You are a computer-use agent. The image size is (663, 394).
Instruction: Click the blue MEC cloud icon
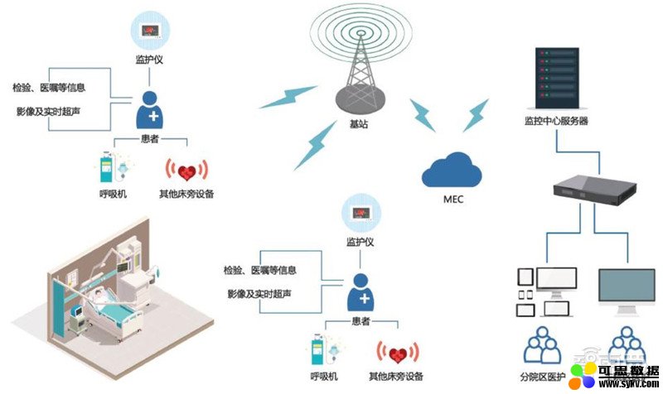coord(452,171)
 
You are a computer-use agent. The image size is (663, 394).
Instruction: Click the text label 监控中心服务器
coord(555,122)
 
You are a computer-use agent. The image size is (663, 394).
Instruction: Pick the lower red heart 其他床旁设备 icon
coord(397,353)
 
